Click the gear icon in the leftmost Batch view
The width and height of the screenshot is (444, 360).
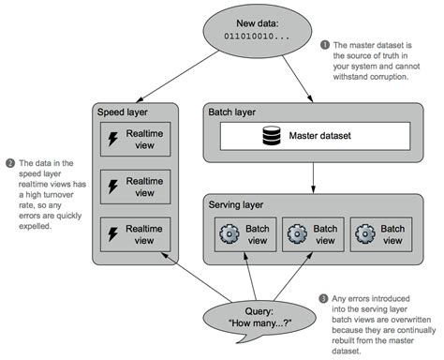coord(228,232)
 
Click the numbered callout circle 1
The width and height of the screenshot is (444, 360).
coord(325,44)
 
